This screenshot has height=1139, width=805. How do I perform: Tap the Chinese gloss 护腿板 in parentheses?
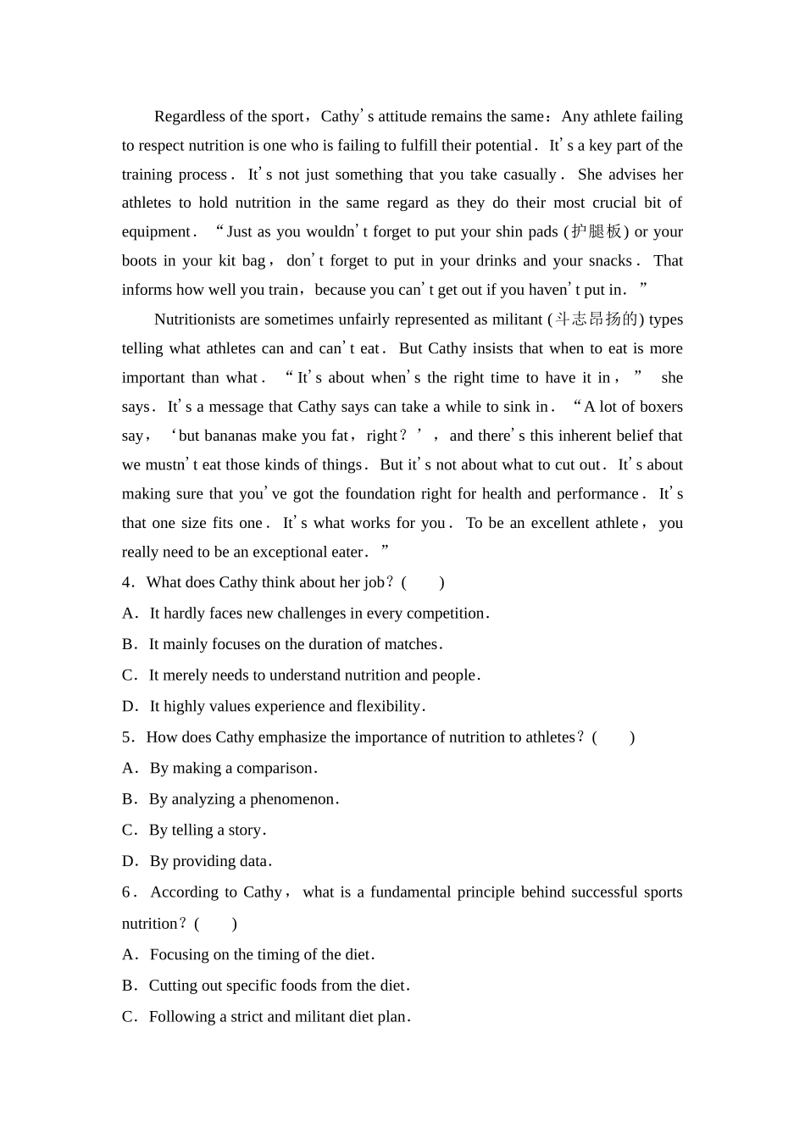click(x=597, y=231)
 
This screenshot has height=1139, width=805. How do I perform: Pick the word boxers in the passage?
click(x=660, y=407)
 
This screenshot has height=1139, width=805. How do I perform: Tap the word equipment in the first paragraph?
click(x=156, y=232)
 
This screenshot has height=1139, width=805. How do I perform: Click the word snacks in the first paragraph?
click(x=610, y=261)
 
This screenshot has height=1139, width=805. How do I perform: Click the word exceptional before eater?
click(x=284, y=552)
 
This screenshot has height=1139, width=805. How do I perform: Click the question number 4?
click(x=126, y=582)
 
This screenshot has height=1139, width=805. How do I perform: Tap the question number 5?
click(x=126, y=737)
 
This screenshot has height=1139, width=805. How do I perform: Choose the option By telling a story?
click(x=207, y=831)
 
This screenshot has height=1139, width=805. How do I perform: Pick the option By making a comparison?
click(x=232, y=769)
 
